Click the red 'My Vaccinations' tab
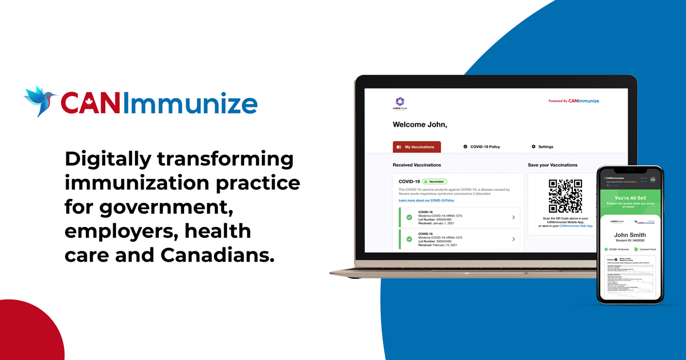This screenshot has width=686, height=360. coord(417,147)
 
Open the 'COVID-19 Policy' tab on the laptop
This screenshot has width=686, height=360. coord(481,147)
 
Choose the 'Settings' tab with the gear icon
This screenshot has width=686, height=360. coord(542,147)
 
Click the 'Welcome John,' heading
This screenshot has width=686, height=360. coord(420,124)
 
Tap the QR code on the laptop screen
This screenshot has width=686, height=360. coord(565,196)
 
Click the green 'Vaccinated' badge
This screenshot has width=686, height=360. coord(435,181)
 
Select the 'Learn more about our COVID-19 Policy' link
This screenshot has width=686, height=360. coord(426,201)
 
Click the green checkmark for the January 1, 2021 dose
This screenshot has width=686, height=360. coord(409,217)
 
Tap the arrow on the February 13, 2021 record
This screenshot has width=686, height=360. coord(513,239)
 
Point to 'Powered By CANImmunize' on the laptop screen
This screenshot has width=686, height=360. coord(573,101)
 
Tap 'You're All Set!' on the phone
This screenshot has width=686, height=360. coord(630,198)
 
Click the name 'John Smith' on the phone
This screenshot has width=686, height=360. coord(629,235)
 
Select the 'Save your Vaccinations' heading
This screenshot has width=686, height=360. coord(552,165)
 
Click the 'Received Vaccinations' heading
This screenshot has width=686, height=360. coord(417,165)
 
